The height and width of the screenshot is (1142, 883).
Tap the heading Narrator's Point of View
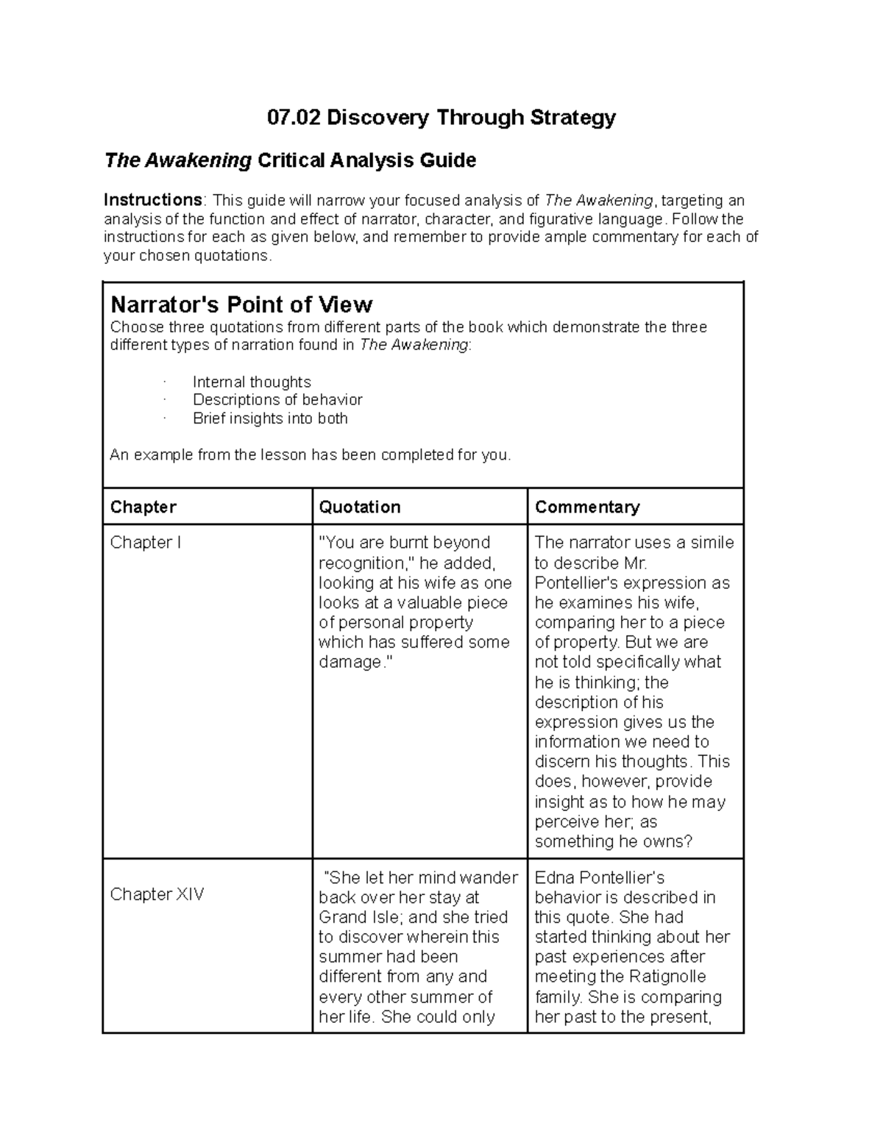pyautogui.click(x=241, y=304)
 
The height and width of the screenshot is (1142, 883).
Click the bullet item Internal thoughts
pyautogui.click(x=252, y=382)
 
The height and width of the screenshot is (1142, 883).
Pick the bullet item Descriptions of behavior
pyautogui.click(x=277, y=400)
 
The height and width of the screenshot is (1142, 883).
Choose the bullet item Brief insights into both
pyautogui.click(x=270, y=418)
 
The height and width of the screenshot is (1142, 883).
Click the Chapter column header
pyautogui.click(x=143, y=507)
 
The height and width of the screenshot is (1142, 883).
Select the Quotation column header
pyautogui.click(x=359, y=507)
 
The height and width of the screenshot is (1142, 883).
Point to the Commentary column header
pyautogui.click(x=587, y=507)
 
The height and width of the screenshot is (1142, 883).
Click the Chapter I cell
pyautogui.click(x=145, y=543)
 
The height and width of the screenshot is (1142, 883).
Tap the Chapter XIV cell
pyautogui.click(x=157, y=894)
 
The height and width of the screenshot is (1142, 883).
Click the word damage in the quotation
pyautogui.click(x=349, y=662)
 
